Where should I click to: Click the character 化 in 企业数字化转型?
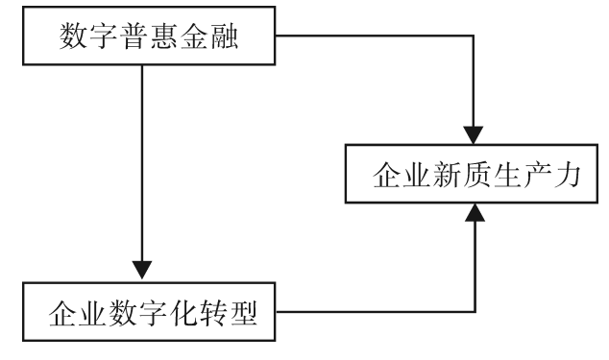(175, 314)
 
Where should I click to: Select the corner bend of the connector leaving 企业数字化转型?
(475, 311)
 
